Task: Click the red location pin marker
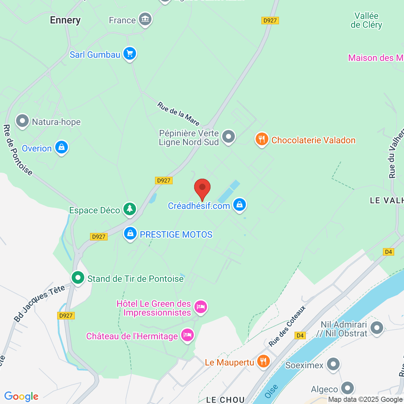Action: [x=202, y=189]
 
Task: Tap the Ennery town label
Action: [x=65, y=20]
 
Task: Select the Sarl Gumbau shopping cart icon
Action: [x=130, y=54]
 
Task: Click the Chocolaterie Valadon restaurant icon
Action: [x=262, y=139]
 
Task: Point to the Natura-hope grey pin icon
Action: [x=23, y=121]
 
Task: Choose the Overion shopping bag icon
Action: [x=62, y=147]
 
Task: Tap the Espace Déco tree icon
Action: [x=130, y=209]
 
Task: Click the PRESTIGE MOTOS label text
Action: [x=176, y=235]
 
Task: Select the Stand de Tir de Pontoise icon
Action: [x=78, y=278]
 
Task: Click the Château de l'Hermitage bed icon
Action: [x=188, y=335]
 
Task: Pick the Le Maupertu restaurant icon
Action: [x=263, y=362]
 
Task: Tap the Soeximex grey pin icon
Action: [x=333, y=364]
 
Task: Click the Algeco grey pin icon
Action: [x=347, y=388]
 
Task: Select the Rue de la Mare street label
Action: [x=178, y=114]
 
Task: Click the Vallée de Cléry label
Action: [x=366, y=20]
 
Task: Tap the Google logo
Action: [x=21, y=396]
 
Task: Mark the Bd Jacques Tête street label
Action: [x=39, y=303]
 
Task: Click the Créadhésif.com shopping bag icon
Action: [x=239, y=205]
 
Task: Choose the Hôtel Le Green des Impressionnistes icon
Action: [x=201, y=307]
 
